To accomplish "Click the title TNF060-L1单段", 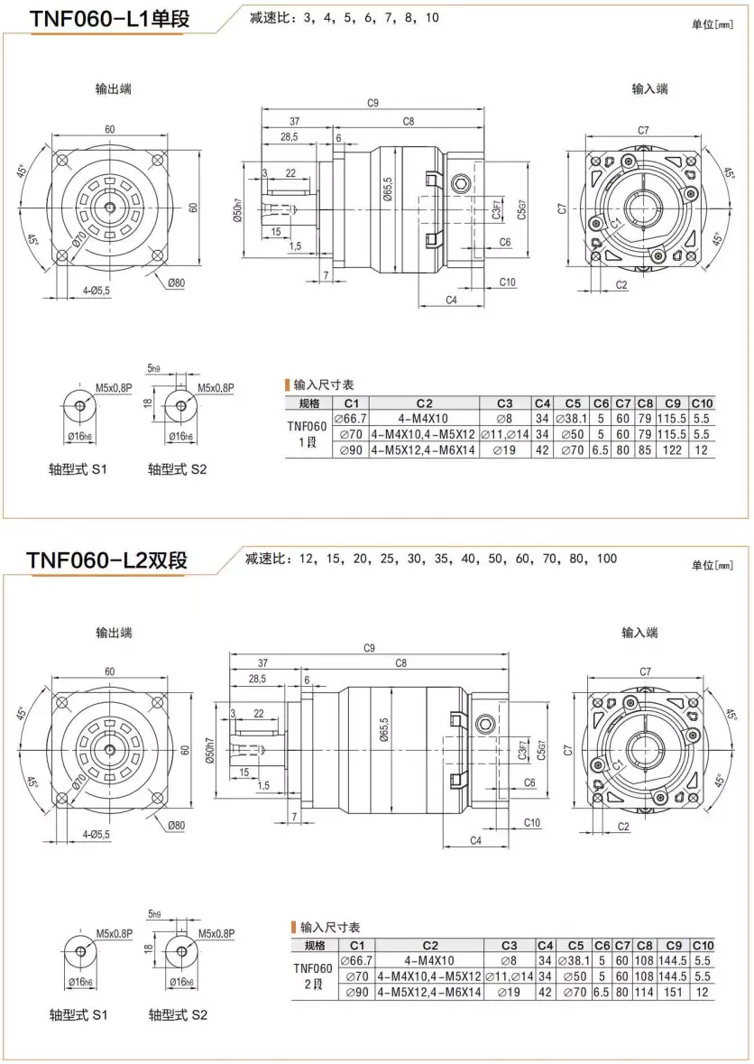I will (110, 18).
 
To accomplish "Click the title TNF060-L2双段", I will (107, 560).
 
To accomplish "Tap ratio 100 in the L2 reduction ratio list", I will (606, 559).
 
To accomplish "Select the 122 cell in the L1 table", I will (671, 449).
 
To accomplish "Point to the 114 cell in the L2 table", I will (644, 992).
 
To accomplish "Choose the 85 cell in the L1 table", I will (644, 449).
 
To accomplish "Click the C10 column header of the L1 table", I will (703, 402).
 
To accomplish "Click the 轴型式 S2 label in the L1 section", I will (178, 470).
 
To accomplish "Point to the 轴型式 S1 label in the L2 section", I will (78, 1014).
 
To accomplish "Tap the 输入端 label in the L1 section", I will (649, 88).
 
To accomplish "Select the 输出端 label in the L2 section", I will (115, 633).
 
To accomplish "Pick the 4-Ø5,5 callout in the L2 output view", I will (89, 834).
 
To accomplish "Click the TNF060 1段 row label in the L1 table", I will (308, 433).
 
